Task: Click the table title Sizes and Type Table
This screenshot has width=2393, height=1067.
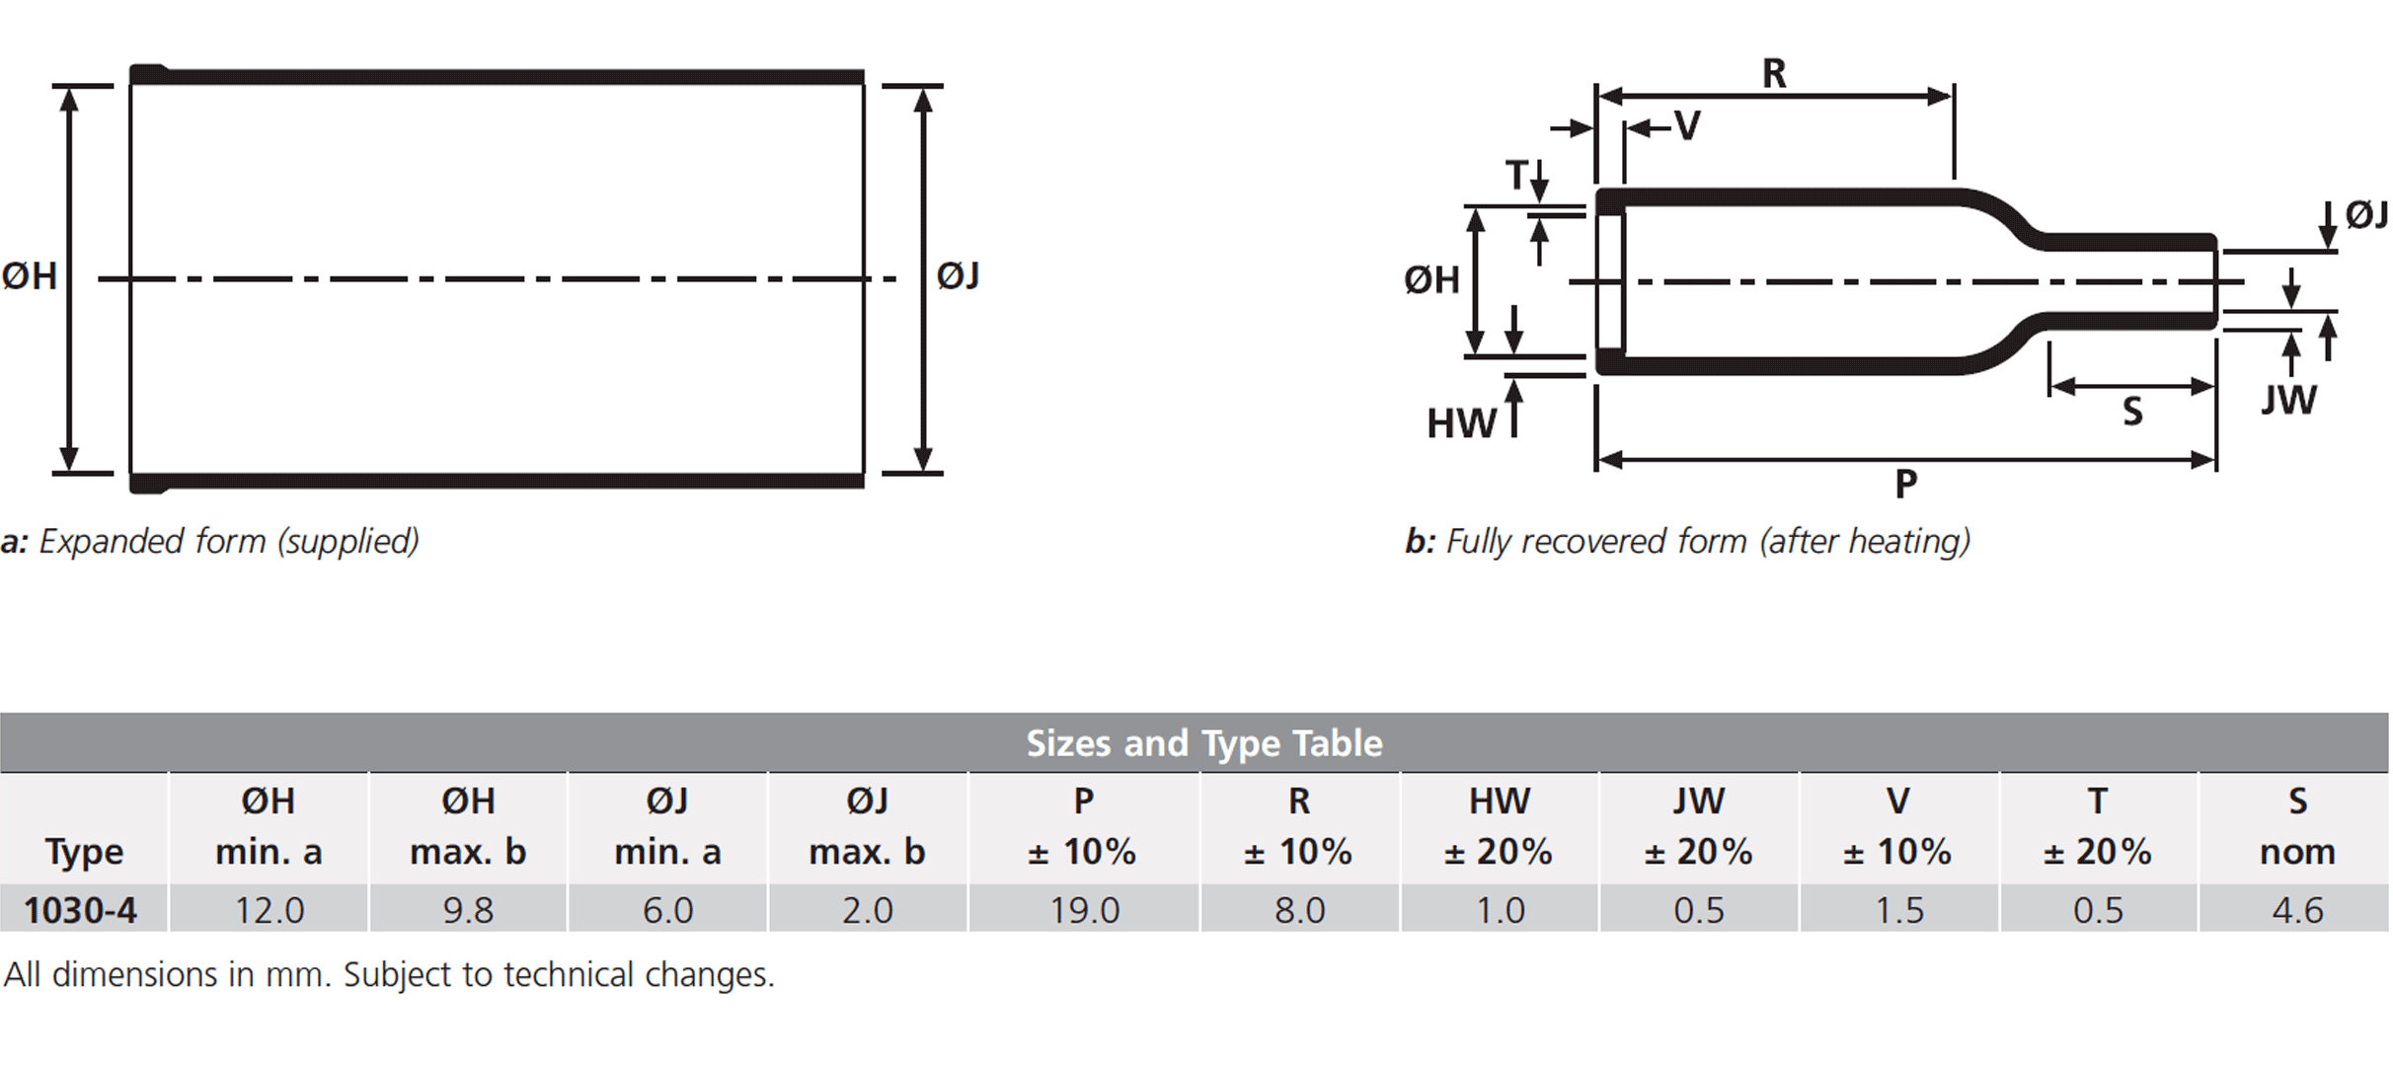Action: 1204,743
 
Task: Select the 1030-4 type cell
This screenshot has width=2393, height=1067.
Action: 80,910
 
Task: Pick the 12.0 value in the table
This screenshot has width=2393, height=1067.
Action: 270,910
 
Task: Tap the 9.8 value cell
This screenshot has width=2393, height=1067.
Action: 468,910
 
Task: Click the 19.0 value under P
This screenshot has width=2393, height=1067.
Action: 1084,910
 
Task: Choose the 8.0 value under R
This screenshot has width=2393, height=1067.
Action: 1299,910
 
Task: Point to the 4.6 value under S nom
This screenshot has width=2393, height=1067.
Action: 2297,910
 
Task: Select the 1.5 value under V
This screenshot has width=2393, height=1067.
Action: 1898,910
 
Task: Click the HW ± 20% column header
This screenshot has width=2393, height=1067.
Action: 1499,826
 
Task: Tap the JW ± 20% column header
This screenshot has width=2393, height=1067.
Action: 1698,826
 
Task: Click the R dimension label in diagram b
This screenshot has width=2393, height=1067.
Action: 1774,73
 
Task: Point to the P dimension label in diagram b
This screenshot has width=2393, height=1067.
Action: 1906,484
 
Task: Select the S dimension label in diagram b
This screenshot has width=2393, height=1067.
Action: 2132,411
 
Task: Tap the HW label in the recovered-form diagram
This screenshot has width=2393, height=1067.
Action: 1460,423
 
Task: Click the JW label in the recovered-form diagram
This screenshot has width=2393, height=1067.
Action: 2288,400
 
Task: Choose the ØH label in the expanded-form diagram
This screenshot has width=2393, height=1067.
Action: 30,275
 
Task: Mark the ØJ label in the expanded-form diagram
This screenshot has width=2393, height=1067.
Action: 958,275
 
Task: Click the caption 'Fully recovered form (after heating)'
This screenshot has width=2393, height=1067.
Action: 1708,541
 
